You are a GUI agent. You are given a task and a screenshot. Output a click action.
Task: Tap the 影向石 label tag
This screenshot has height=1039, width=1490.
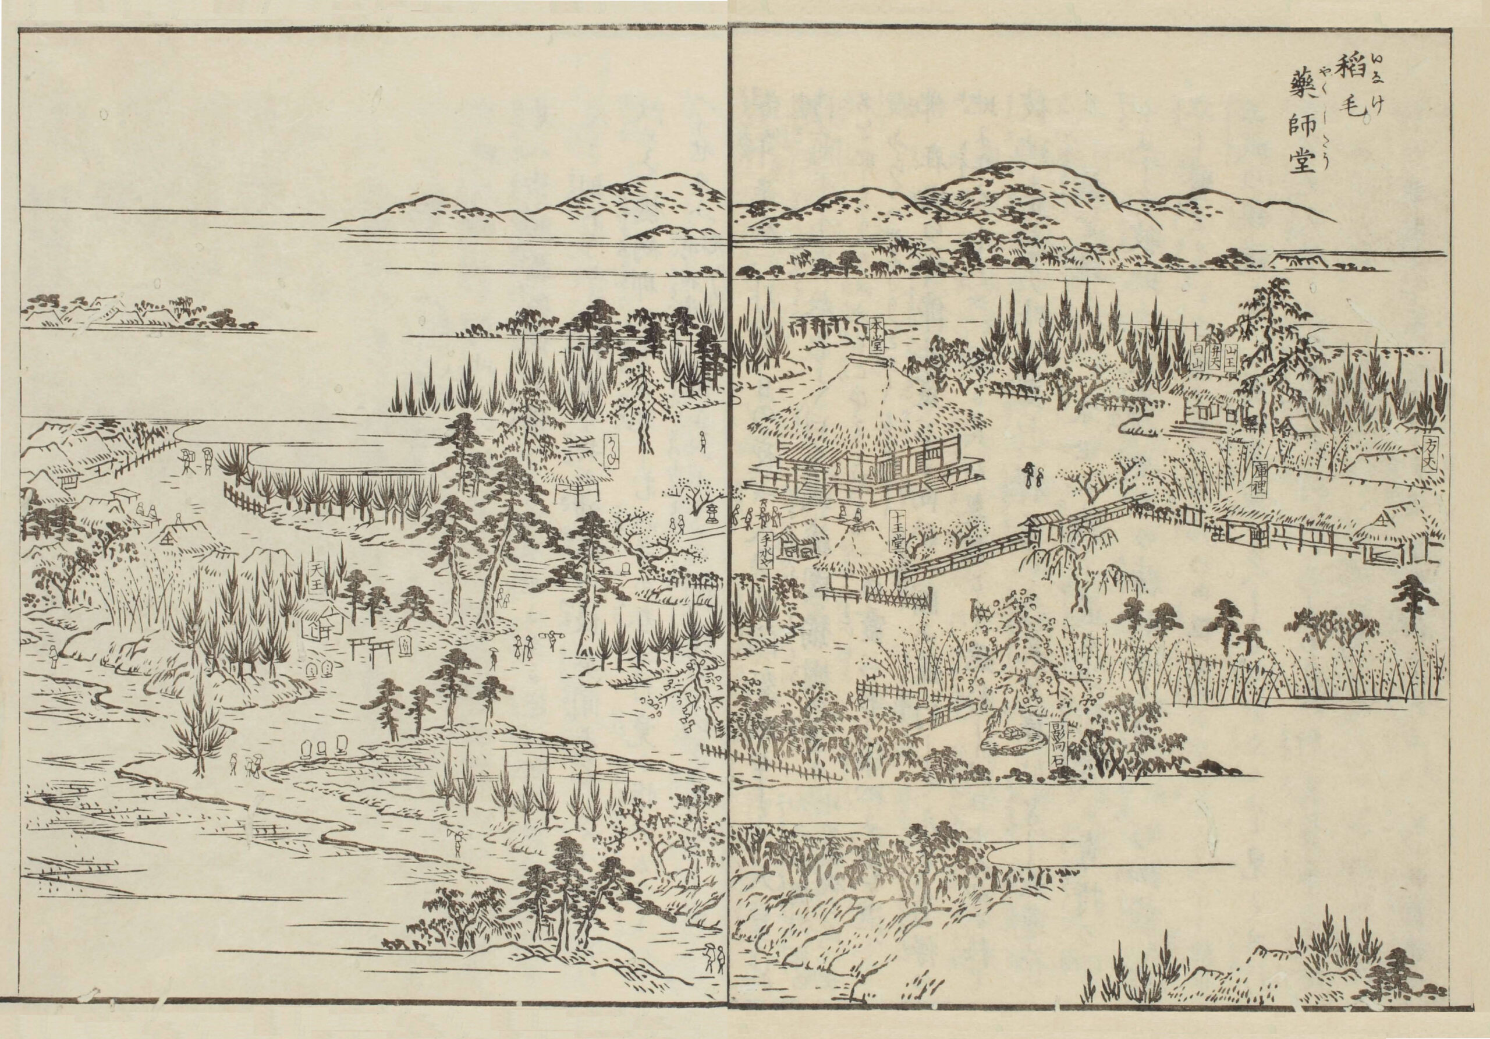tap(1059, 747)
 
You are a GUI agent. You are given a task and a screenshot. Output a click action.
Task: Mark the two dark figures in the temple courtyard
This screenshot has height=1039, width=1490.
tap(1033, 476)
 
